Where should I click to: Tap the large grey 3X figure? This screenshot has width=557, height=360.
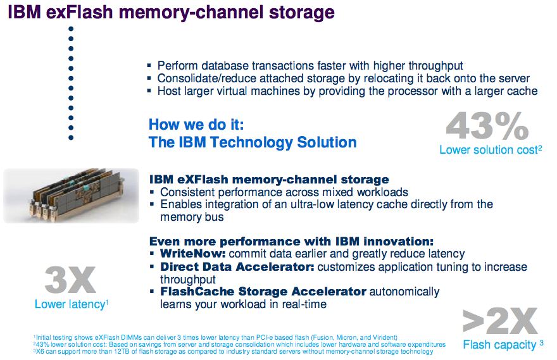point(70,280)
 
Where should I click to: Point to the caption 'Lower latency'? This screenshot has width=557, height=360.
point(70,305)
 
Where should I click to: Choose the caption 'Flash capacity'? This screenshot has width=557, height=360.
point(501,345)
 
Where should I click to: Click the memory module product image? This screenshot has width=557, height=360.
point(71,195)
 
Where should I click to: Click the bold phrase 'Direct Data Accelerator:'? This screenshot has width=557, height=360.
point(237,267)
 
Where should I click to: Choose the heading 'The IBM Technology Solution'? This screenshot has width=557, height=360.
point(253,142)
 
